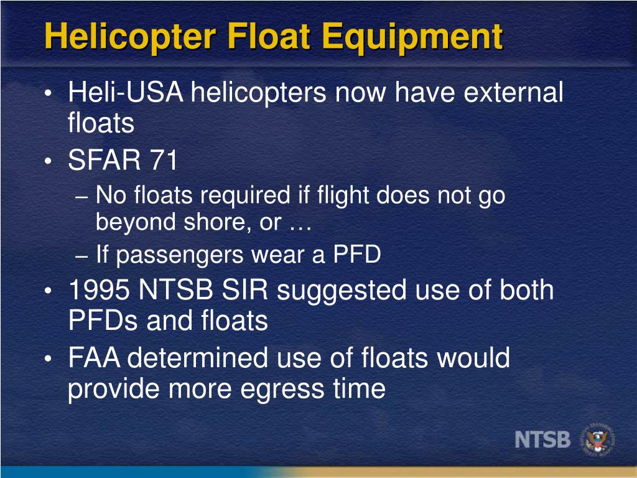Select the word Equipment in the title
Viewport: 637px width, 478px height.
pos(411,37)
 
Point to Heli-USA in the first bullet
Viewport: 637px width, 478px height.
pos(125,93)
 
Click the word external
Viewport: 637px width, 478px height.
pos(514,93)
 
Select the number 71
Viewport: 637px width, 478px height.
pos(162,161)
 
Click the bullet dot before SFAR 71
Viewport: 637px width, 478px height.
pos(49,162)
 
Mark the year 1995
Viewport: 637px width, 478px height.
pos(100,290)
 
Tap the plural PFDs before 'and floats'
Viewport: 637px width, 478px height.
pos(102,321)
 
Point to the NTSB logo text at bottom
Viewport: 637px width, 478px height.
pos(542,439)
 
